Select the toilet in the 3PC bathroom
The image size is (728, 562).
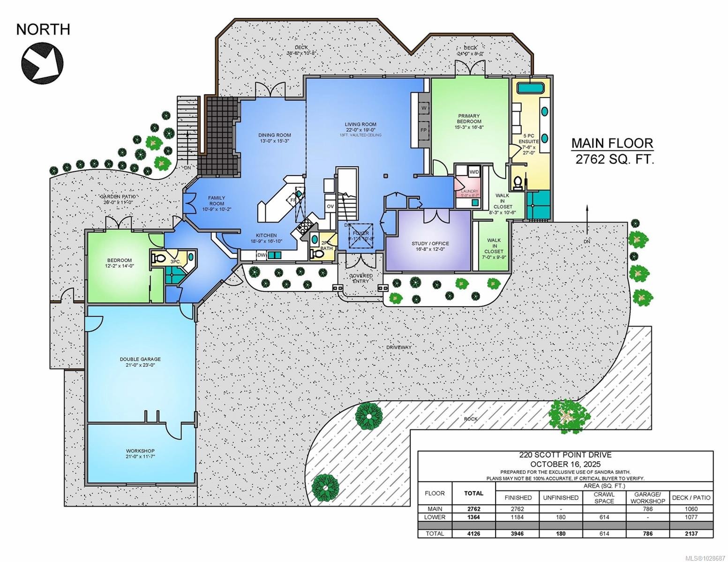158,257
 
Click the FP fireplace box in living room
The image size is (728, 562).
423,130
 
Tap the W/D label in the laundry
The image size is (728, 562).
474,172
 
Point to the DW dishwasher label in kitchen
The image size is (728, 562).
261,255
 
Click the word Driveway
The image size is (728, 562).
399,348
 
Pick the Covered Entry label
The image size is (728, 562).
361,278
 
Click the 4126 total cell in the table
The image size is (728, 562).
473,533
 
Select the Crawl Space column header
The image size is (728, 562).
604,497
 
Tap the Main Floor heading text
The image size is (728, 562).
611,143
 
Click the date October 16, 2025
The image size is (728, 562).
565,464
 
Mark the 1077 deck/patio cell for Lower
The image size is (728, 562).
691,517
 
